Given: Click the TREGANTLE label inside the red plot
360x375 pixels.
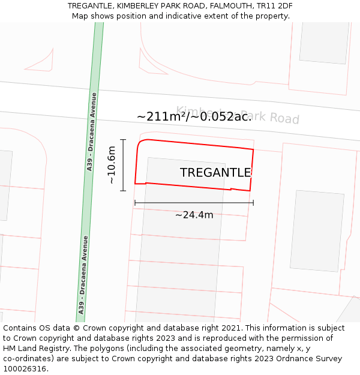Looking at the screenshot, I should [215, 173].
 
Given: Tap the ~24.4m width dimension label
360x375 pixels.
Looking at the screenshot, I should [194, 215].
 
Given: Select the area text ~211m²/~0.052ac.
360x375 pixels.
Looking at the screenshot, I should [194, 116].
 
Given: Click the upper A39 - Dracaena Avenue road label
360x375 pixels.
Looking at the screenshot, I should [91, 132].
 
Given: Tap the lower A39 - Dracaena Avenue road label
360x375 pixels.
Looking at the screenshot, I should [83, 275].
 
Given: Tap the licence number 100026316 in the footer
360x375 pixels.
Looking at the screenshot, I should [25, 368].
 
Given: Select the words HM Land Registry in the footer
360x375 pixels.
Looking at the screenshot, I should [36, 349].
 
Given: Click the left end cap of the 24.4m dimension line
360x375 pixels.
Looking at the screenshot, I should [135, 203].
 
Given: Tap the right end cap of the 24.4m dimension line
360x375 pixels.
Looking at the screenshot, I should [253, 203].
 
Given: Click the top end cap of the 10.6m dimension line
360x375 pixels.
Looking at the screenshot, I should [123, 140].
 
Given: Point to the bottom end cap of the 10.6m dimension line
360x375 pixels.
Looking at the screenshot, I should [123, 191].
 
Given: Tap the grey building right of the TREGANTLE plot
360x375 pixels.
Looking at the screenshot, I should [317, 231].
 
